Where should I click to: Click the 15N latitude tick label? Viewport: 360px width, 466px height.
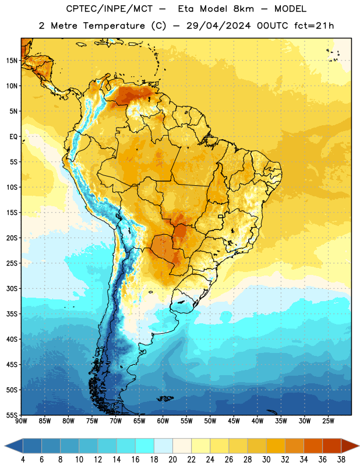tap(12, 61)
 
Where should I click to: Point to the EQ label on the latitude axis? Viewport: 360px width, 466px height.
tap(13, 137)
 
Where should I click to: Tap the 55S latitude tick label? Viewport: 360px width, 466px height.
tap(12, 415)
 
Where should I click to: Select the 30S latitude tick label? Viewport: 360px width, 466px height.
tap(12, 288)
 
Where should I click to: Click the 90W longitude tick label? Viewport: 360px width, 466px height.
tap(21, 421)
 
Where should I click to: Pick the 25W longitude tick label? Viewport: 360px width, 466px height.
tap(328, 421)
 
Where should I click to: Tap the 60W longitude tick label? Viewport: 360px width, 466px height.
tap(163, 421)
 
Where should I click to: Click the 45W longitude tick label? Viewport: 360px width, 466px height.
tap(234, 421)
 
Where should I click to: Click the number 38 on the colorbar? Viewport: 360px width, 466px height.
tap(341, 460)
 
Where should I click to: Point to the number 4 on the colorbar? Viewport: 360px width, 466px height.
tap(23, 460)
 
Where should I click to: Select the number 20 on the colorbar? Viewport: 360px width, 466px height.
tap(172, 460)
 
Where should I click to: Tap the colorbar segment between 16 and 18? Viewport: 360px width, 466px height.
tap(145, 446)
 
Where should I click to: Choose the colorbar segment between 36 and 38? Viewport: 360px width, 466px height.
tap(332, 446)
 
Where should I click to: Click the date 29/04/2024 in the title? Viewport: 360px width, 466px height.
tap(218, 26)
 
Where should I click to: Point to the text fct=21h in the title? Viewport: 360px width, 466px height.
tap(314, 26)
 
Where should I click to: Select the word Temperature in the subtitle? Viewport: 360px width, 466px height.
tap(114, 26)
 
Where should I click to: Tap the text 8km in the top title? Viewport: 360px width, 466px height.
tap(243, 9)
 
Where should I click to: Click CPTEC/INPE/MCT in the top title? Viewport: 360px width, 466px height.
tap(110, 9)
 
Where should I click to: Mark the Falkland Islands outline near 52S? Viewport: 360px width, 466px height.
tap(165, 398)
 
